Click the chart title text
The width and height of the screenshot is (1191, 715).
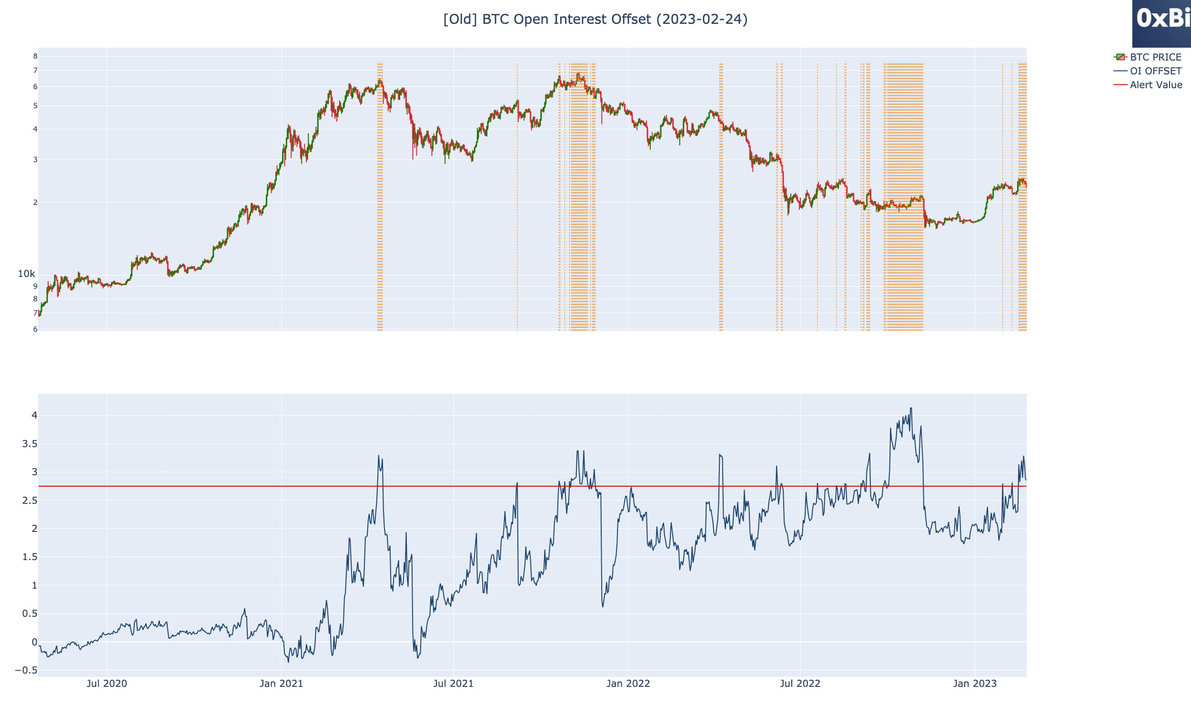[x=595, y=19]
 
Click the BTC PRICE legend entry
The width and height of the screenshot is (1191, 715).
[x=1155, y=57]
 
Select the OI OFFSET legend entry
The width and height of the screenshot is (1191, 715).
[x=1155, y=71]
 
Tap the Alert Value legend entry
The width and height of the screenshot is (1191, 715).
[x=1155, y=85]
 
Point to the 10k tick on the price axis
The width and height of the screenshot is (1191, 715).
[x=27, y=274]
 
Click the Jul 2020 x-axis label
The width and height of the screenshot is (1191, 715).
[x=107, y=683]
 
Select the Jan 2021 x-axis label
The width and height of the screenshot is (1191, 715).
[x=281, y=683]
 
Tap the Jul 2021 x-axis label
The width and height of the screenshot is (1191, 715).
[x=453, y=683]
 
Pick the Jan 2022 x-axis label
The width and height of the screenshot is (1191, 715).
[x=628, y=683]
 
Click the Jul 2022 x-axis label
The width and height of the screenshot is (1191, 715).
[x=799, y=683]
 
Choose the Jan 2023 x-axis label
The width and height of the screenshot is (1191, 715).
[x=974, y=683]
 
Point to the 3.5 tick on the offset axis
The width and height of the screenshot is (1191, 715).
[x=30, y=444]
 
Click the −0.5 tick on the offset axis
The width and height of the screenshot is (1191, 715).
[x=27, y=670]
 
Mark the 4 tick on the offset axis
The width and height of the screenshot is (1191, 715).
[x=34, y=415]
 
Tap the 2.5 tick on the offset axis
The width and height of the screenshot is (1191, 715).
[x=30, y=500]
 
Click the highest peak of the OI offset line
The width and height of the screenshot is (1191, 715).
[x=911, y=409]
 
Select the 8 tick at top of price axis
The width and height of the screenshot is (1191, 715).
[x=35, y=56]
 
